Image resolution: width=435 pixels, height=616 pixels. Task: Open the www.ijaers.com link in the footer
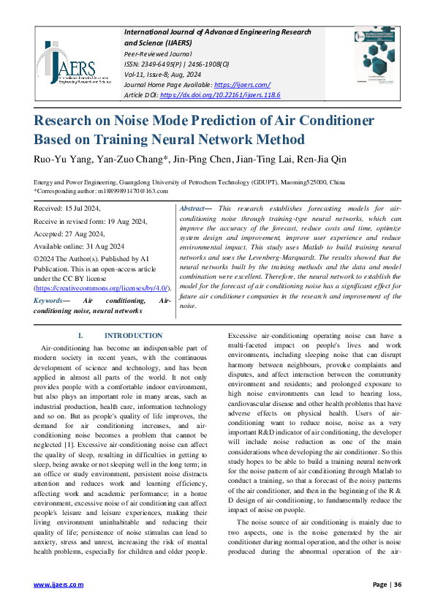click(x=59, y=585)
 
